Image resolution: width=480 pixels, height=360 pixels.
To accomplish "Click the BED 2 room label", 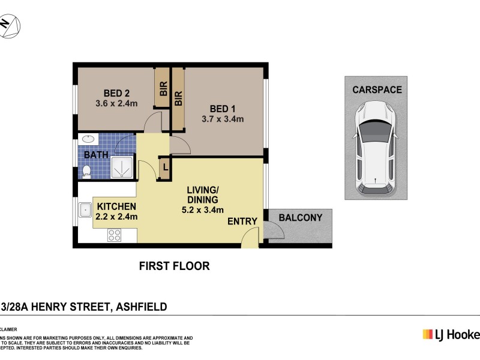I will [x=116, y=93].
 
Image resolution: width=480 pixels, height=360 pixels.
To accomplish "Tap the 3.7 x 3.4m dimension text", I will [x=223, y=119].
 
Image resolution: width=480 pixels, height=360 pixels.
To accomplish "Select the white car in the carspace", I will [x=375, y=149].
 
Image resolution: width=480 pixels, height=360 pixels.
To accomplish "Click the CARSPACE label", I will [x=377, y=90].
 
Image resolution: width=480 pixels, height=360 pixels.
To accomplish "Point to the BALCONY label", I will [x=301, y=218].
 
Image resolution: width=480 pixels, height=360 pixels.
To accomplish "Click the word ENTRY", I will [x=242, y=221].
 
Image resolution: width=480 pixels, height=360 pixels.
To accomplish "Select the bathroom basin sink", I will [x=88, y=140].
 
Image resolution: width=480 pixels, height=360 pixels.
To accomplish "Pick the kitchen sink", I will [x=85, y=211].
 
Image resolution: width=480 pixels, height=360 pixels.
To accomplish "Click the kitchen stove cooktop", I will [x=113, y=235].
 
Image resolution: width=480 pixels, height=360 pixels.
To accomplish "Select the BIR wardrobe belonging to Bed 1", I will [x=178, y=99].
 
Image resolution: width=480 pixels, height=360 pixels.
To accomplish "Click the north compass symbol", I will [x=9, y=25].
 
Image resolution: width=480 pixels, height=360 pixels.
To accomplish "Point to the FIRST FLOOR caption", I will [x=174, y=266].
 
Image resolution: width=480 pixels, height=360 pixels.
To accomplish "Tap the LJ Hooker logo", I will [x=451, y=335].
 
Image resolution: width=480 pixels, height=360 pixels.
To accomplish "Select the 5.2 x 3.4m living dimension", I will [x=203, y=209].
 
